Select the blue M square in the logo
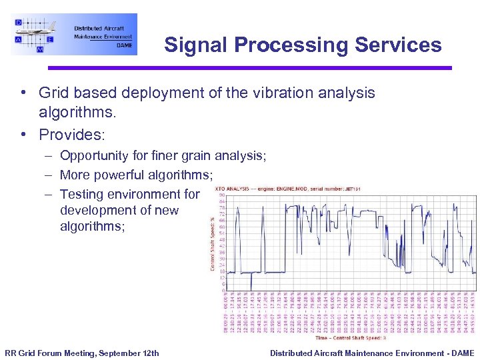coord(40,49)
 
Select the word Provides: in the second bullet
coord(72,135)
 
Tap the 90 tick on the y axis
coord(222,195)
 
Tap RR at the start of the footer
coord(11,353)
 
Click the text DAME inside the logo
coord(123,45)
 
